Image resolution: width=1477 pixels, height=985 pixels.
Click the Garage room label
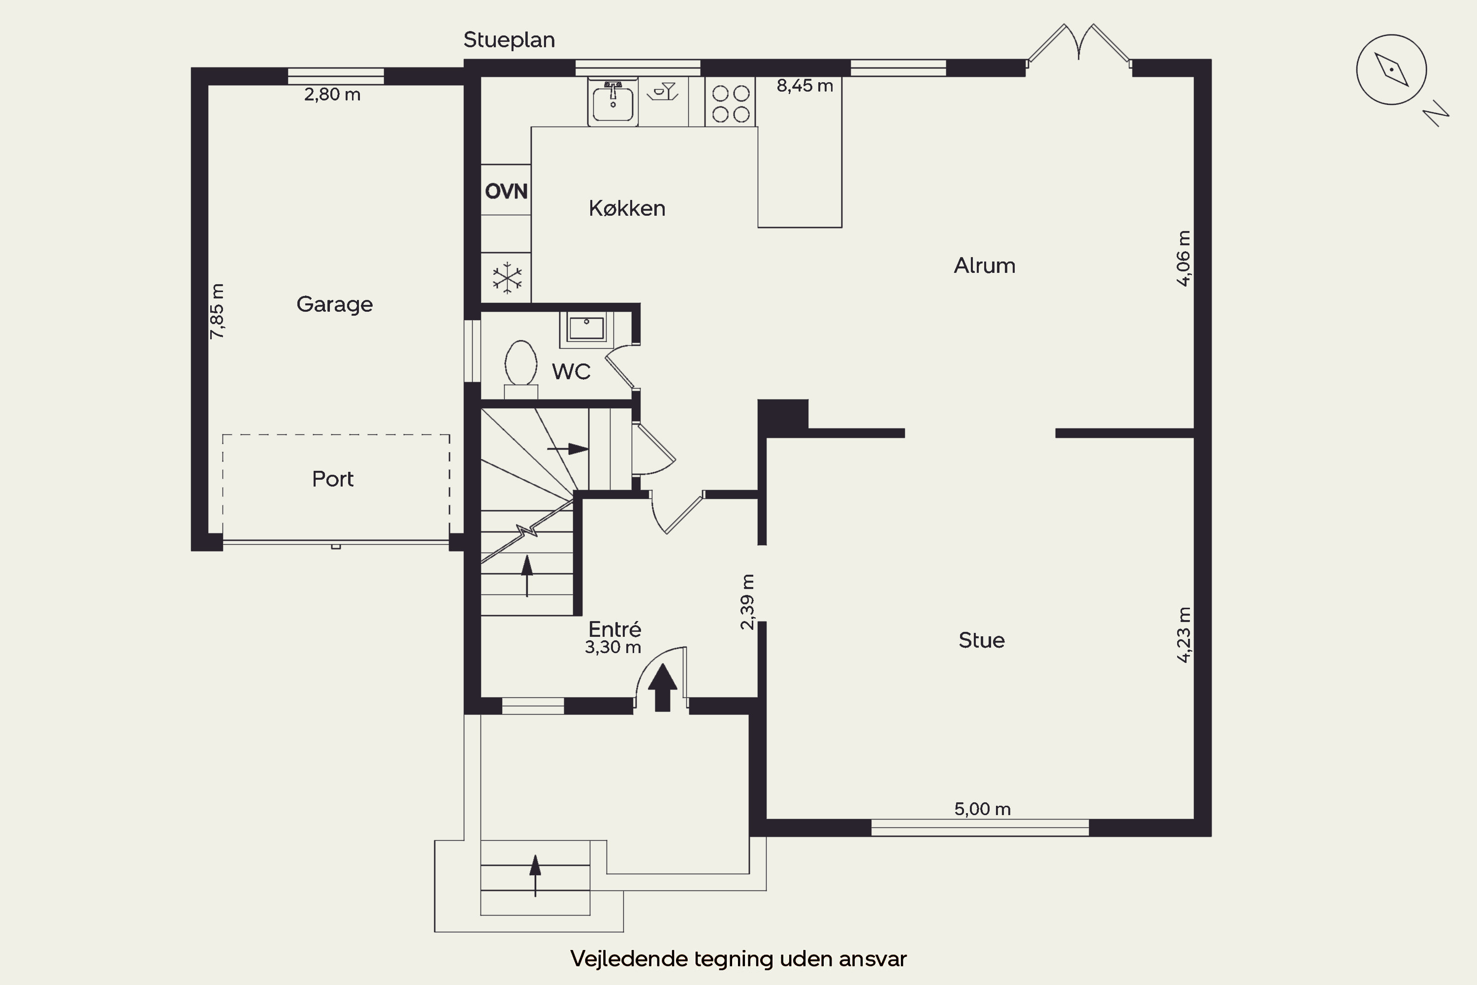(x=335, y=305)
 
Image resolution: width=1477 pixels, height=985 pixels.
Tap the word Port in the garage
(x=333, y=479)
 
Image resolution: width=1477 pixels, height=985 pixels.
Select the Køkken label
(x=627, y=208)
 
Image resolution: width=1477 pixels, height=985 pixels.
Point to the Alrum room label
(x=984, y=266)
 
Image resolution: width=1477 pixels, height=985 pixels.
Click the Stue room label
(x=982, y=640)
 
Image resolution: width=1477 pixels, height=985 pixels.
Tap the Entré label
(x=615, y=629)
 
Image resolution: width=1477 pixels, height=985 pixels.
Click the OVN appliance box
(x=506, y=190)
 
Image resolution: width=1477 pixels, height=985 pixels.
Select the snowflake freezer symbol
(x=507, y=278)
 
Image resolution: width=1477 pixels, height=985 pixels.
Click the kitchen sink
(x=613, y=102)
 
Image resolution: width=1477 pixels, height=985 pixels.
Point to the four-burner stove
(x=730, y=102)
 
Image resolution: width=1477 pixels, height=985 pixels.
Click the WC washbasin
(x=586, y=328)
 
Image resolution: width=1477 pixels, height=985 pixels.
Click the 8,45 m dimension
(x=804, y=85)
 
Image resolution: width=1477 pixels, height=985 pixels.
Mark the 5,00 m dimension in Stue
(x=982, y=809)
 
